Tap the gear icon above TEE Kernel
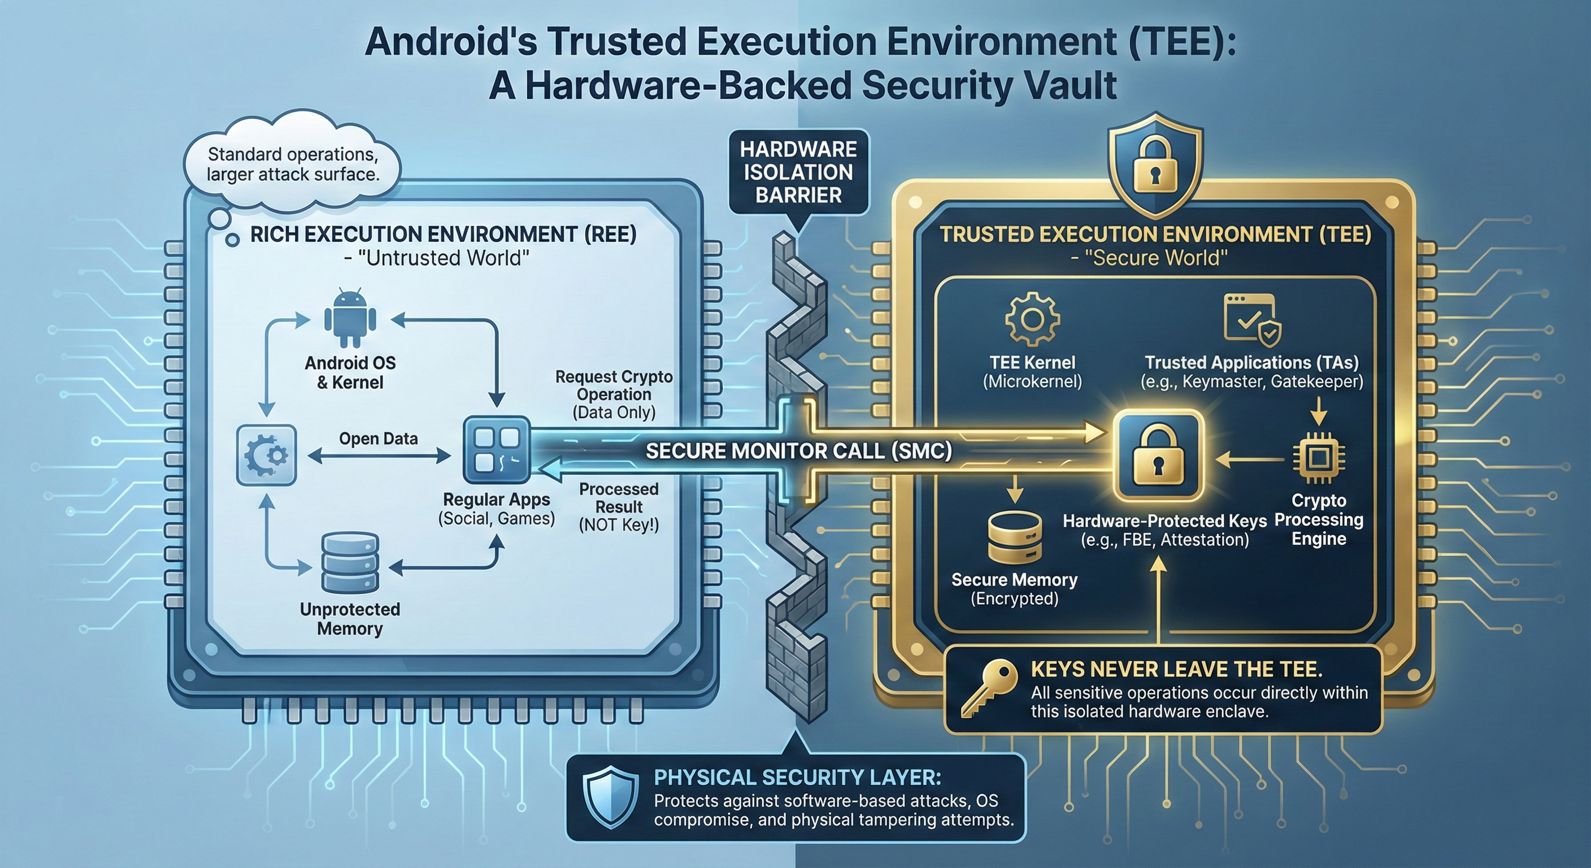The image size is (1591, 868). click(1032, 319)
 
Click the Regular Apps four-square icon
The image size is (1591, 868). click(497, 449)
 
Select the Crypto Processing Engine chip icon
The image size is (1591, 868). click(1319, 458)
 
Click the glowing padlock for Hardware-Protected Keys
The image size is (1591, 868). click(1158, 457)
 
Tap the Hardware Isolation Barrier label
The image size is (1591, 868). click(798, 172)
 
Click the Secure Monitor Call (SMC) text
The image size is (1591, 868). click(798, 451)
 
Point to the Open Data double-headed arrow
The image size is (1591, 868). click(379, 457)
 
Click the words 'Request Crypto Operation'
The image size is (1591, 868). click(614, 385)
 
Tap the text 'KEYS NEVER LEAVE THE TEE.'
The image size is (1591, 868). click(1176, 669)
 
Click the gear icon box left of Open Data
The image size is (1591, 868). click(267, 455)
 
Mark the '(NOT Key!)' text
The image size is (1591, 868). click(619, 525)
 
